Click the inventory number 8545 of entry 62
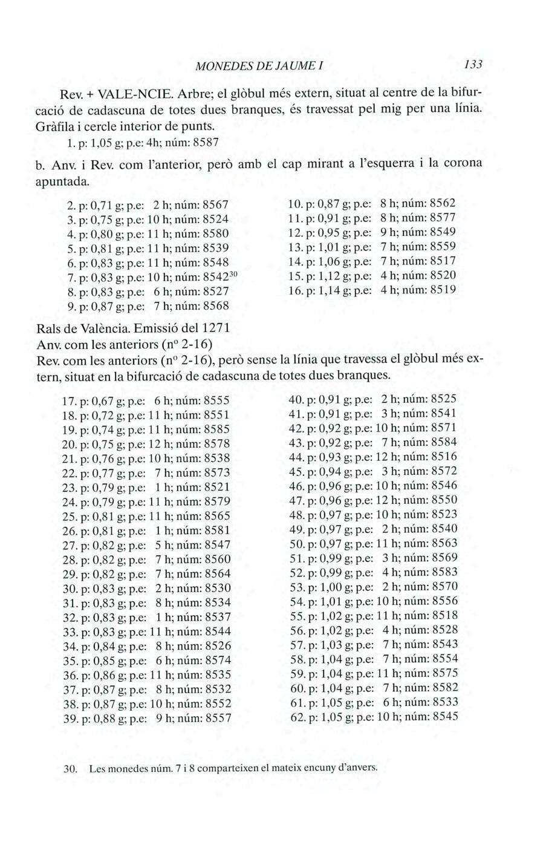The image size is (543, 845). pos(445,717)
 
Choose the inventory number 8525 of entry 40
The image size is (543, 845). pos(444,399)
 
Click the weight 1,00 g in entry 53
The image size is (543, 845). pos(325,587)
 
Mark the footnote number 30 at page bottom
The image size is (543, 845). pos(70,769)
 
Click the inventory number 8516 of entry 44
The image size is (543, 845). pos(444,457)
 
